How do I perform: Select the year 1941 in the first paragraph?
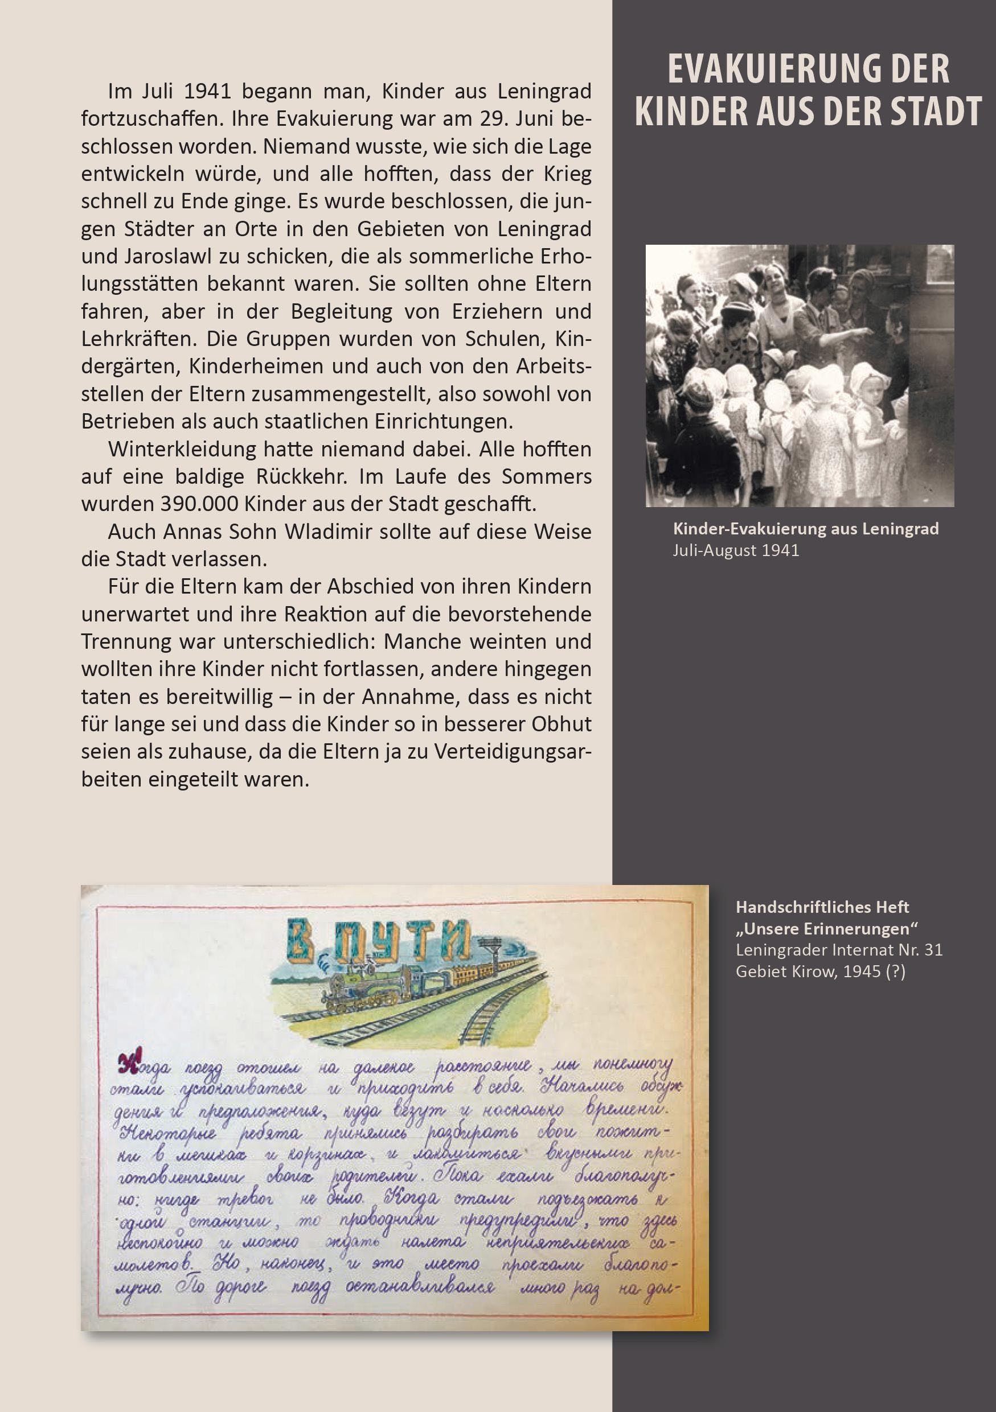click(207, 92)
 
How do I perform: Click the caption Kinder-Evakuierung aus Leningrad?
click(805, 529)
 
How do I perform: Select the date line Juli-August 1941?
click(736, 550)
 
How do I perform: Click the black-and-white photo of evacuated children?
click(799, 376)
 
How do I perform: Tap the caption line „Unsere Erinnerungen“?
click(827, 929)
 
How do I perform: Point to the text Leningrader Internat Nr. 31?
click(838, 950)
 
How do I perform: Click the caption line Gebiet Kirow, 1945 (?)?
click(820, 971)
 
